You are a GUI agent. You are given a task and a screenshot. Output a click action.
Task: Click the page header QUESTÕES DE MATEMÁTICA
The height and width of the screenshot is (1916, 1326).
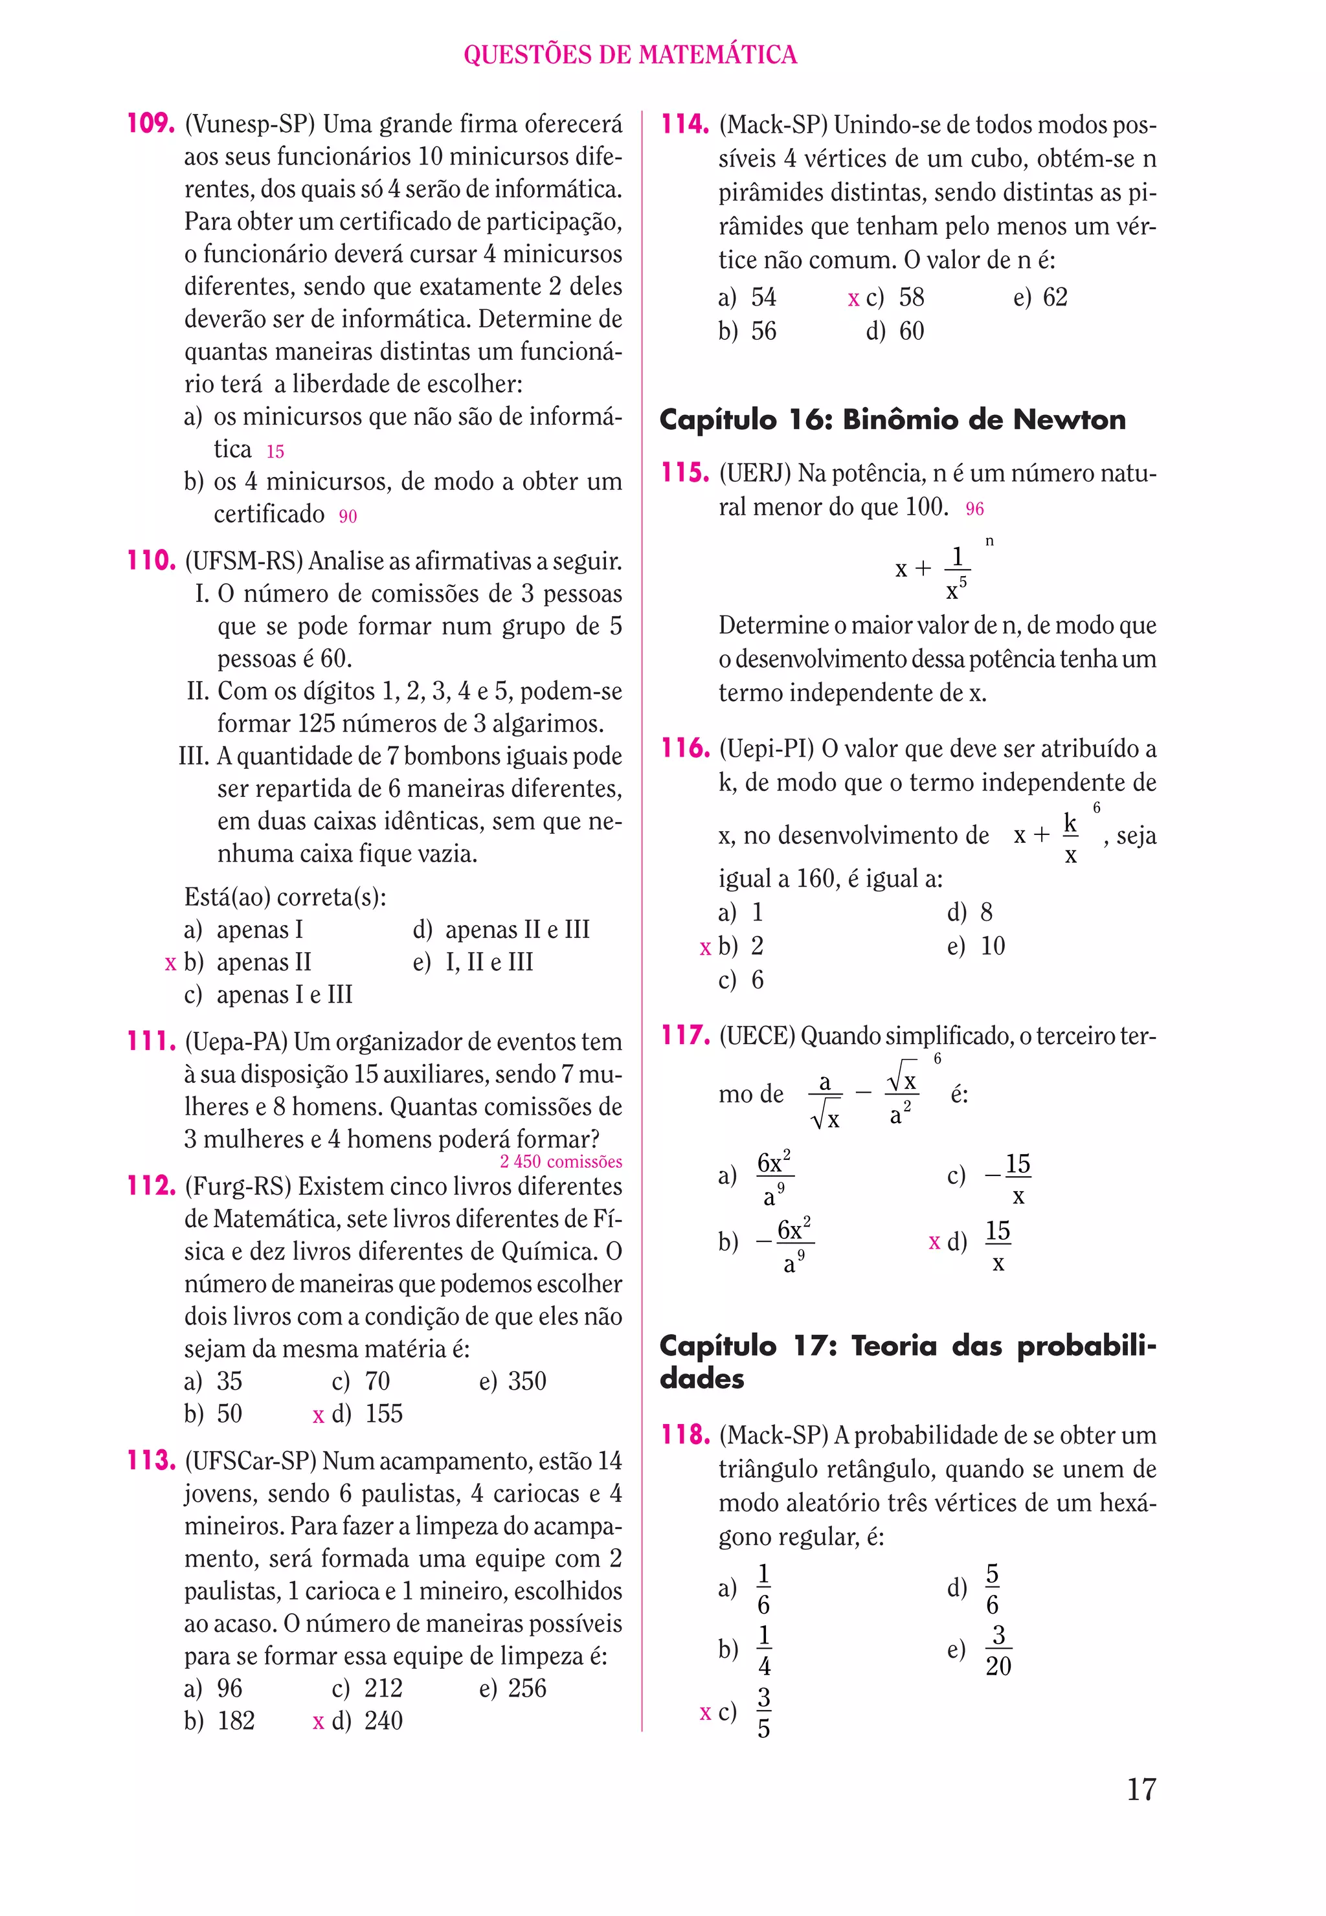tap(630, 55)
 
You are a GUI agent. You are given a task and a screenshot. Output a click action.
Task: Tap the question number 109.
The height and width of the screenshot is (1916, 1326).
tap(150, 124)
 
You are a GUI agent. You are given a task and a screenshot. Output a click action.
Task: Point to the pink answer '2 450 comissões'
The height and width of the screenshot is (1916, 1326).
tap(560, 1162)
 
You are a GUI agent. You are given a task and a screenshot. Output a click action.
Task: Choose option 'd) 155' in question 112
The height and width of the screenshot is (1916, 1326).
tap(366, 1414)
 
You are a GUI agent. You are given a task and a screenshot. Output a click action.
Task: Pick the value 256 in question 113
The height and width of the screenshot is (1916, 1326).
tap(527, 1688)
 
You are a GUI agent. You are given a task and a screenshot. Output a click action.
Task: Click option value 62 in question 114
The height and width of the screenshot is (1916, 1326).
tap(1054, 297)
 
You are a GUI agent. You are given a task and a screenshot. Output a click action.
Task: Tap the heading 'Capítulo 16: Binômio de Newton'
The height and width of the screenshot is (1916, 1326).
tap(892, 419)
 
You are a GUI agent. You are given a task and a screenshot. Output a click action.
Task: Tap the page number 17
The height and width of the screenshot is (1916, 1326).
tap(1141, 1789)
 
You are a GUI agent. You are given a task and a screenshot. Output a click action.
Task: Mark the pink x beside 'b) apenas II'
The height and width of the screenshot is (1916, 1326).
tap(170, 963)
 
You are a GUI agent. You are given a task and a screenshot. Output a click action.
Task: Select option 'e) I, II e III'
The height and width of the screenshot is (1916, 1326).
tap(473, 962)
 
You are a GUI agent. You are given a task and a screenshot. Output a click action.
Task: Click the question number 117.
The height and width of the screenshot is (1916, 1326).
tap(684, 1035)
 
